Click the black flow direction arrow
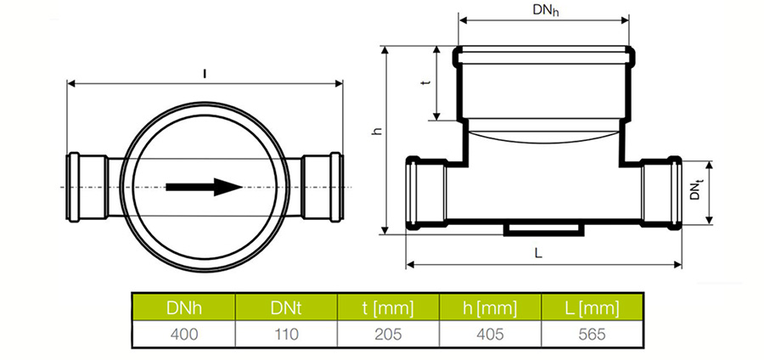[204, 187]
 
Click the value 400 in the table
[184, 335]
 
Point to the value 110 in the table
[286, 335]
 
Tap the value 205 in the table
[388, 335]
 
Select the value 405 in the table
[490, 335]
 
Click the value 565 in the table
[592, 335]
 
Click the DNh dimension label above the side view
[545, 11]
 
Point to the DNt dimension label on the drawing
[696, 189]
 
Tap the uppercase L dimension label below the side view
[538, 253]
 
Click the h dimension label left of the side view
[376, 131]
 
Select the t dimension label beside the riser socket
[427, 83]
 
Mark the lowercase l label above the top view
[205, 74]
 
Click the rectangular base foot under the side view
[543, 229]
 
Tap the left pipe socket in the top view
[87, 187]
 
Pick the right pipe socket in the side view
[661, 193]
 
